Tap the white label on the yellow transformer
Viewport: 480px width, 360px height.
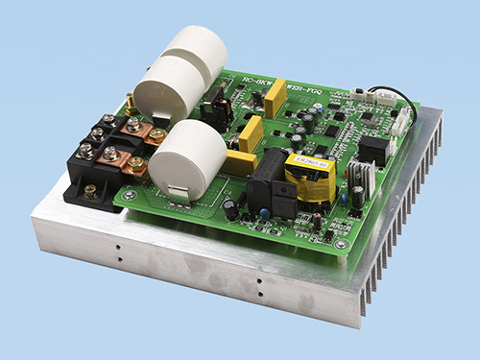click(312, 164)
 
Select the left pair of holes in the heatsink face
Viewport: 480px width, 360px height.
click(117, 251)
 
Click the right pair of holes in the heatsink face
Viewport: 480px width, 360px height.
click(258, 285)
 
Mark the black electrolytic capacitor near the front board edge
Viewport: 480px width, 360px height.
click(231, 208)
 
